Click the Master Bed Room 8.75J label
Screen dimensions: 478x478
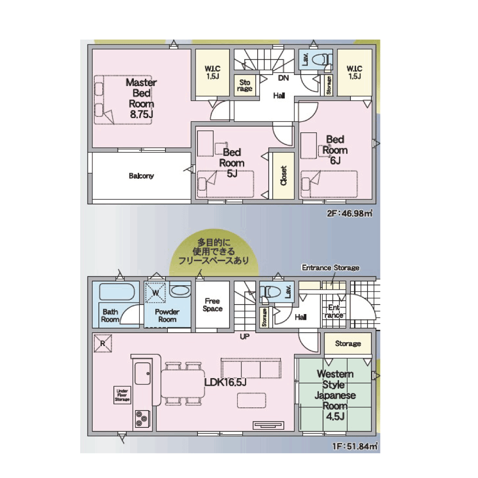click(x=141, y=98)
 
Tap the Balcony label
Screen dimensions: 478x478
click(x=141, y=176)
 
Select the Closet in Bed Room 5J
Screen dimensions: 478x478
click(x=283, y=175)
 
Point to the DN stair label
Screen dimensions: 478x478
click(x=283, y=78)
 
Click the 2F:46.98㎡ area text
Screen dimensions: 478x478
click(x=350, y=213)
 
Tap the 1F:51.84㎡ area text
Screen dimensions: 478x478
click(x=355, y=446)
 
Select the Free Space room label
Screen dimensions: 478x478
click(x=213, y=305)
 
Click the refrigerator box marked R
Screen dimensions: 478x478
click(x=103, y=344)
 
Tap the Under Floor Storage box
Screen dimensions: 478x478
click(x=122, y=395)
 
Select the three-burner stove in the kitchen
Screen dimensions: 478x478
click(x=142, y=418)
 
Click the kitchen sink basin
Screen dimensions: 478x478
click(x=142, y=373)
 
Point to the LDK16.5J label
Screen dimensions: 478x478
click(x=225, y=382)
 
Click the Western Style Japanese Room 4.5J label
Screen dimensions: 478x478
click(x=335, y=395)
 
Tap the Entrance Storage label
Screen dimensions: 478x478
click(x=330, y=268)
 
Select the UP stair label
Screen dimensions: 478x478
click(x=244, y=337)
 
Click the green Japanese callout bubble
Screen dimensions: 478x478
click(x=214, y=252)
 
